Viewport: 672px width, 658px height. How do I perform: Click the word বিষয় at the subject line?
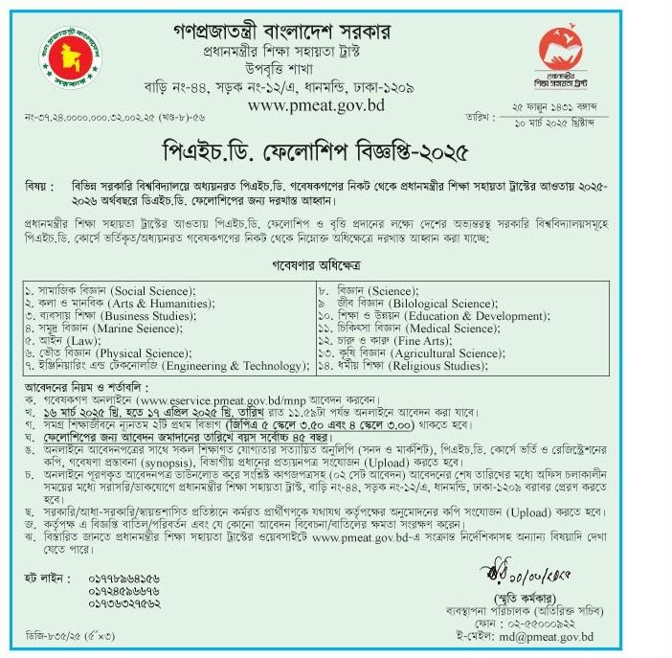(x=38, y=182)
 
